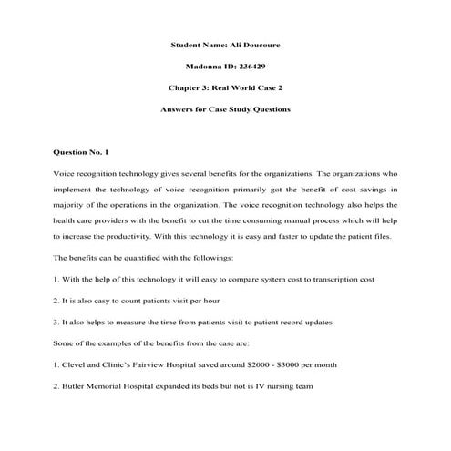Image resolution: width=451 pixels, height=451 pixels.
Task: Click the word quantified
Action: point(140,257)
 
